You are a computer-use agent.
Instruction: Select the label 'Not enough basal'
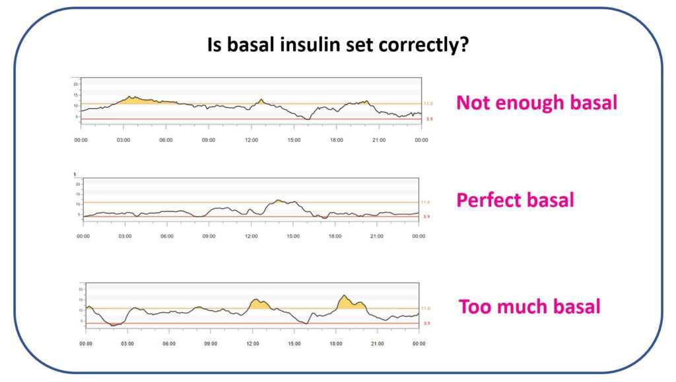(x=536, y=103)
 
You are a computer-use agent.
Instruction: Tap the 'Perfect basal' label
(x=514, y=200)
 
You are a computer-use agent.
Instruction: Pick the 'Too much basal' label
(x=529, y=307)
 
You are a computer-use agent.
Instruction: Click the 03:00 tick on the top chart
(x=123, y=140)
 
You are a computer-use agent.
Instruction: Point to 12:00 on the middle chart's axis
(x=251, y=236)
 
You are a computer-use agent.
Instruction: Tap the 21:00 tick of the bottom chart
(x=377, y=344)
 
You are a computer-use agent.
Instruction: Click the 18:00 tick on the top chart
(x=336, y=140)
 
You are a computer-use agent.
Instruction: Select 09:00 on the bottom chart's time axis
(x=211, y=344)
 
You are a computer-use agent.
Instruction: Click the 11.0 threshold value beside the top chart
(x=428, y=104)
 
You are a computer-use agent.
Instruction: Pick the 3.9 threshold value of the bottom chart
(x=427, y=323)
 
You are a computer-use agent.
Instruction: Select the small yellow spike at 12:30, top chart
(x=261, y=102)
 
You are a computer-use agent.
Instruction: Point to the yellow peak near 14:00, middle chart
(x=280, y=201)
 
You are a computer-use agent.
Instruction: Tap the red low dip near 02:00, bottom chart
(x=114, y=324)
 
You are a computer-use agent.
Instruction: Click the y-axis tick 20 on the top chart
(x=77, y=84)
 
